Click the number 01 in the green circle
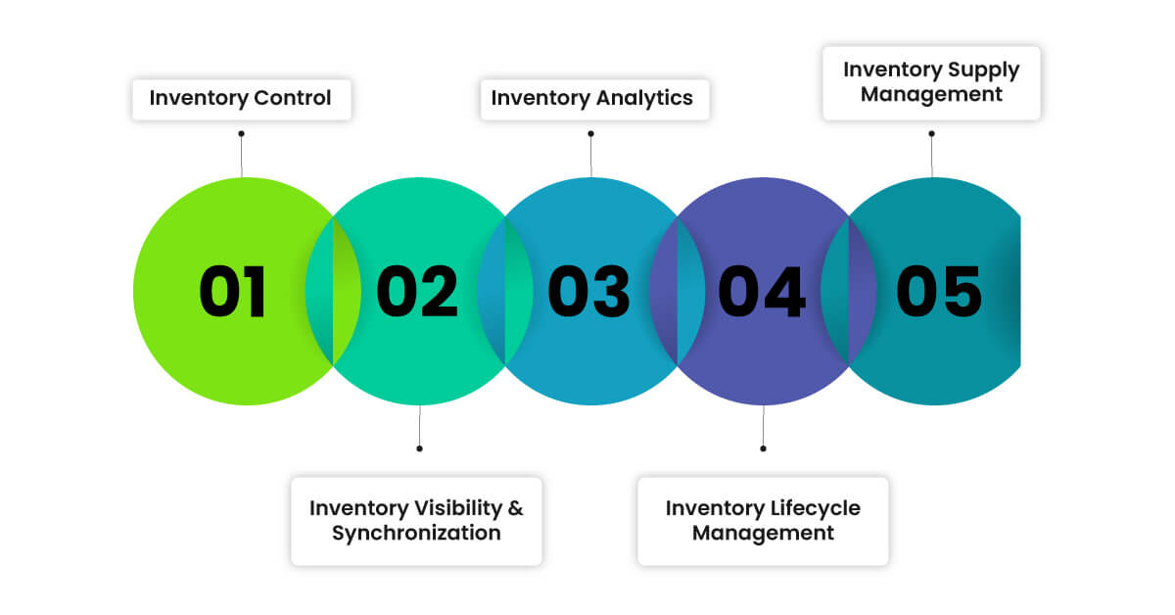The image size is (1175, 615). click(x=233, y=292)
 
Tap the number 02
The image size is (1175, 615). click(x=417, y=292)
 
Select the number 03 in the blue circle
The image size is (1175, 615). click(x=588, y=292)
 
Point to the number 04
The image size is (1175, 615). click(x=762, y=292)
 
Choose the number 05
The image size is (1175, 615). click(x=939, y=292)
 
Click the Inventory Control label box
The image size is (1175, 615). click(x=241, y=98)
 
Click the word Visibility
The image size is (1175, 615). click(x=443, y=508)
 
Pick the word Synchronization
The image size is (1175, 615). click(x=416, y=534)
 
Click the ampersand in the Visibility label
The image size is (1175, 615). click(x=515, y=508)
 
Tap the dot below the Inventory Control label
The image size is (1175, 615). click(x=241, y=134)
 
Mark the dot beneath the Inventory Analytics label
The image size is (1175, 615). click(x=590, y=134)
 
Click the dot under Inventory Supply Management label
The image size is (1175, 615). click(x=931, y=134)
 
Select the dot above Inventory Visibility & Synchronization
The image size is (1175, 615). click(x=419, y=449)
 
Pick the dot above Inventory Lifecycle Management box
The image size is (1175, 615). click(x=763, y=449)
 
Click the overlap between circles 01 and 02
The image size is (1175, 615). click(x=333, y=292)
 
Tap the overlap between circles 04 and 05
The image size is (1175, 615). click(x=848, y=292)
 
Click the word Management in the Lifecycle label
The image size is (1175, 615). click(x=763, y=534)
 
